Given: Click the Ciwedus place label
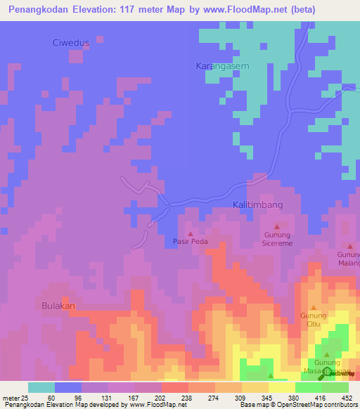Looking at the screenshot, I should pyautogui.click(x=72, y=43).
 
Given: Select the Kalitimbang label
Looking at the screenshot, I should pyautogui.click(x=257, y=204).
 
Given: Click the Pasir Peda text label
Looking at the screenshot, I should pyautogui.click(x=191, y=241).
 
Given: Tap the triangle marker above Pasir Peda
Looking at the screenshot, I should pyautogui.click(x=190, y=232).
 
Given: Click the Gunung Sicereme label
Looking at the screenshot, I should pyautogui.click(x=277, y=239).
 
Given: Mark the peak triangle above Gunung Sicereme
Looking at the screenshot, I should pyautogui.click(x=276, y=226).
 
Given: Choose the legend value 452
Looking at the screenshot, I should pyautogui.click(x=347, y=398).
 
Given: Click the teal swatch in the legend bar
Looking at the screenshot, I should pyautogui.click(x=41, y=387).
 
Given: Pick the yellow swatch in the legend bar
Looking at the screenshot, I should pyautogui.click(x=282, y=387).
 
